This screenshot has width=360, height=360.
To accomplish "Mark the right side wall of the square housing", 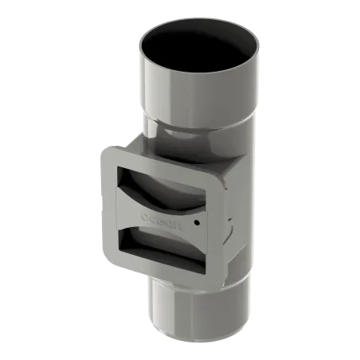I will coord(229,215).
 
